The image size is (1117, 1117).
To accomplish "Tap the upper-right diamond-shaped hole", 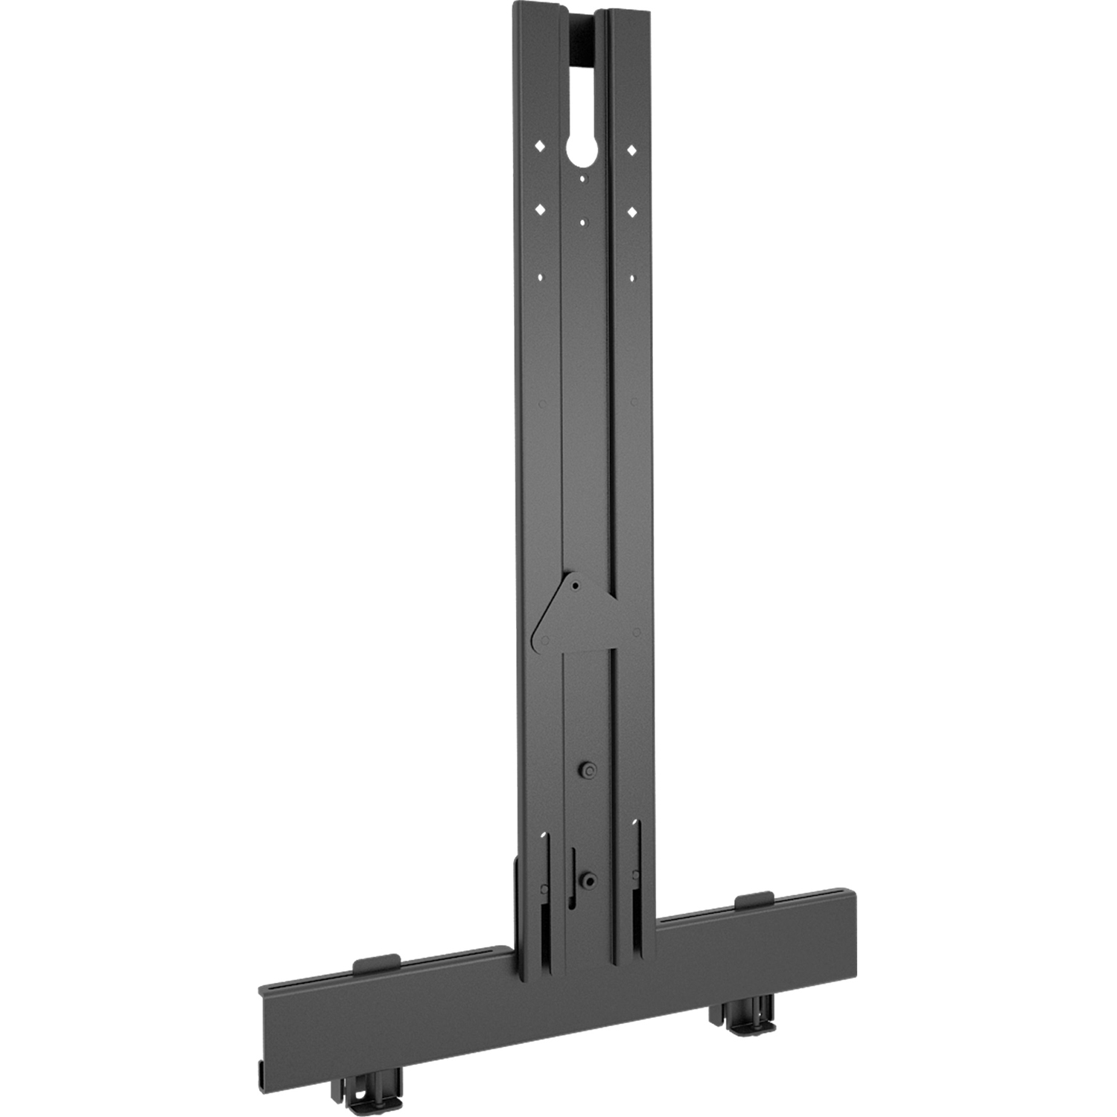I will click(631, 150).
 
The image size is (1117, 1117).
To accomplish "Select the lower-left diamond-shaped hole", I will click(541, 209).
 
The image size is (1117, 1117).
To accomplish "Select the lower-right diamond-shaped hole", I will click(631, 213).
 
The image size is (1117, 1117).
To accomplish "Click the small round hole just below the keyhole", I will click(584, 178).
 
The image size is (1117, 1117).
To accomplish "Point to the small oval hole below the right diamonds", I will click(631, 279).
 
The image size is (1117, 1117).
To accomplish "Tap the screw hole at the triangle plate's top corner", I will click(576, 585).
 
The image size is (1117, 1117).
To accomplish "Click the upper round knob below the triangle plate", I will click(588, 769).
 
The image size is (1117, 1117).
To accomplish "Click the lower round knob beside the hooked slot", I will click(588, 880).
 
